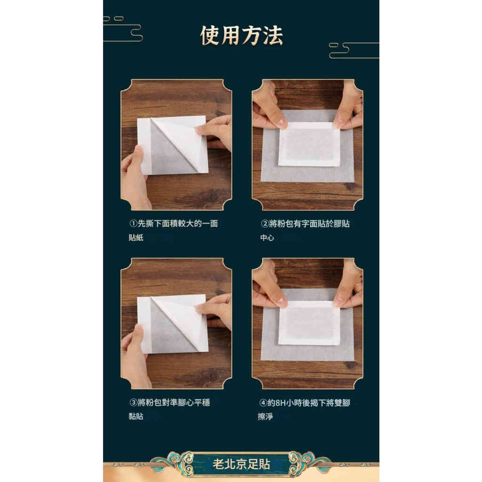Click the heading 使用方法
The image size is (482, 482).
(241, 36)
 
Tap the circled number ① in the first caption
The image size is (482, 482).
(133, 224)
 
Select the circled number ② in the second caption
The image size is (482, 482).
(265, 224)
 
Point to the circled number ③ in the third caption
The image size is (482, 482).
(133, 402)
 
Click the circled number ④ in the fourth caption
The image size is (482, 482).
(265, 402)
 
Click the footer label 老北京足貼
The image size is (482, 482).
(241, 464)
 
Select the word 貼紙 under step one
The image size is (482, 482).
(136, 238)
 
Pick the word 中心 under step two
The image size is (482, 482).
(267, 238)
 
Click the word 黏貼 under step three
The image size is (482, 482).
(136, 417)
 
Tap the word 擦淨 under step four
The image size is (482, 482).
(267, 417)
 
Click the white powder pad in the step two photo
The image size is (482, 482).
(309, 144)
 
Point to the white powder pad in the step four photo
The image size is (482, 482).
(309, 322)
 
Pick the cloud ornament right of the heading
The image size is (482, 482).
(353, 50)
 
